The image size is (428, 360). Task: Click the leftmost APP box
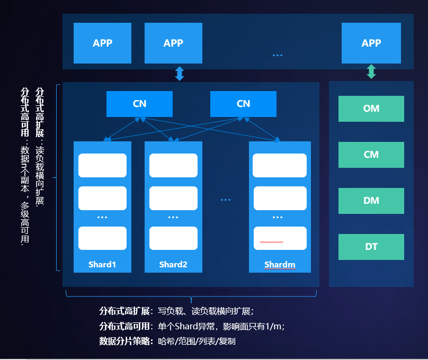[102, 43]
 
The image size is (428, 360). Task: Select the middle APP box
[173, 43]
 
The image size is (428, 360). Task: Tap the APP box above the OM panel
[371, 43]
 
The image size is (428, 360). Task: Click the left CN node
[139, 104]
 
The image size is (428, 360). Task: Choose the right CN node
[243, 104]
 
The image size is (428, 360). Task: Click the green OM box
[371, 109]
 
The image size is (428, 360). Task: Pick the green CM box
[371, 155]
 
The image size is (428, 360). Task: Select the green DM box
[371, 201]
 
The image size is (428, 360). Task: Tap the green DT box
[371, 247]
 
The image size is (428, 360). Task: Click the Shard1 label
[102, 264]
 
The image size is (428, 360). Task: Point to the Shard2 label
[173, 264]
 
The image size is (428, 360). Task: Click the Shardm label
[280, 264]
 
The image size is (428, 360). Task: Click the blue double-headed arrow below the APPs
[180, 74]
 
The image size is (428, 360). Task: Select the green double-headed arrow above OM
[371, 71]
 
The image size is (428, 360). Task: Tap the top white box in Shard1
[102, 165]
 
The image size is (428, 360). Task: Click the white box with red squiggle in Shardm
[280, 238]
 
